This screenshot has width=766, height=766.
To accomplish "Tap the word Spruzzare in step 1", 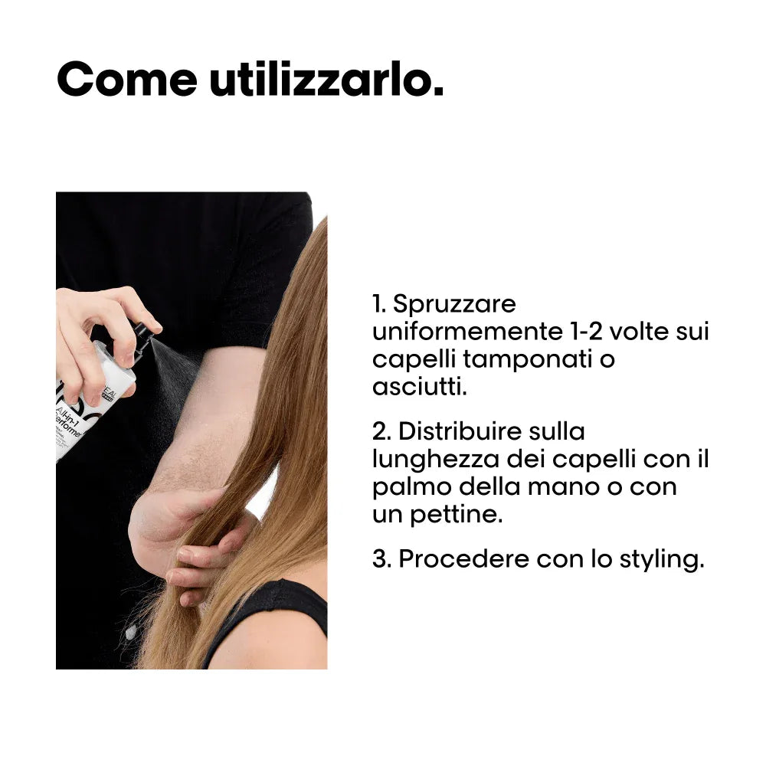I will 454,304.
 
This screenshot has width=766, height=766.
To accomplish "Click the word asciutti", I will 419,387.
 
